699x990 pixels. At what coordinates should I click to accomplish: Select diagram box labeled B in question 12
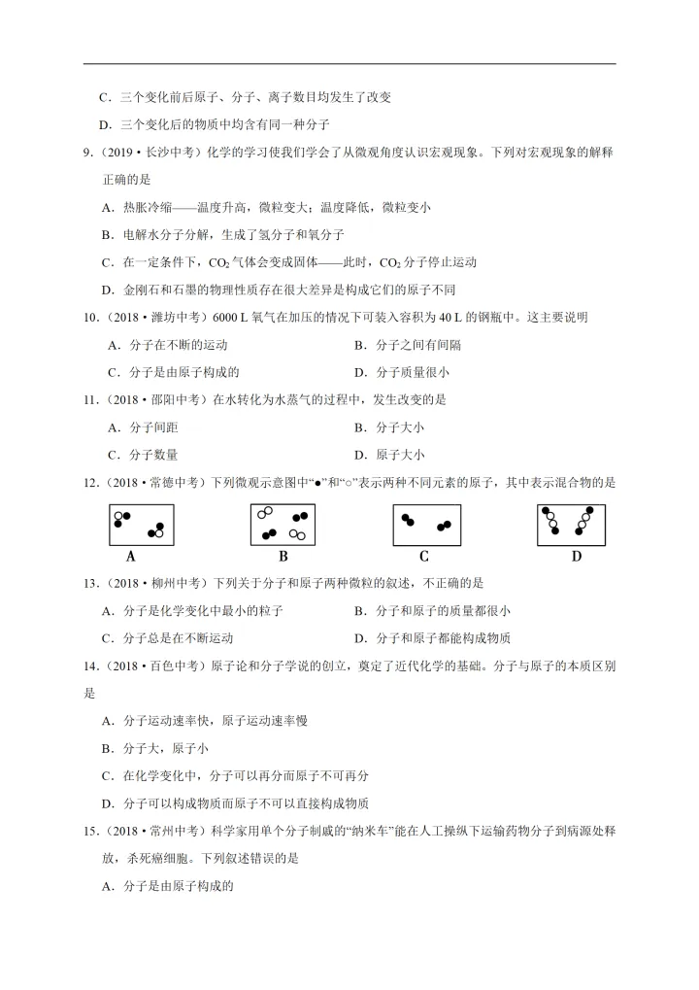[283, 526]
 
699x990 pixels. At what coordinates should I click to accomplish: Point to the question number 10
[91, 317]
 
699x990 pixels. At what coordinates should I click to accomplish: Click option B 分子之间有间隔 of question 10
[407, 344]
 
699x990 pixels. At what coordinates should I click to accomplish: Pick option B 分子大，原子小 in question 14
[154, 748]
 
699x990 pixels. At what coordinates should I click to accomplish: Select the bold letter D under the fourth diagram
[576, 557]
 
